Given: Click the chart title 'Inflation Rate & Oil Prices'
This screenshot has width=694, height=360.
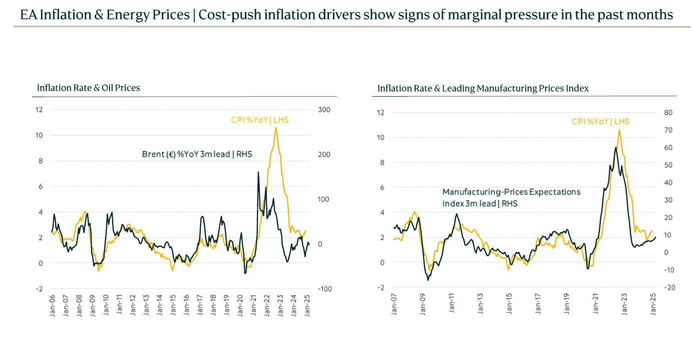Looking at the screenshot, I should point(89,88).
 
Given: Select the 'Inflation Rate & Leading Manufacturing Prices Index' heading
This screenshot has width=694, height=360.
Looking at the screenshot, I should point(483,89).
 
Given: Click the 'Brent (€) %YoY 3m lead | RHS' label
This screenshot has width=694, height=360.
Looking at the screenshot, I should point(197,154).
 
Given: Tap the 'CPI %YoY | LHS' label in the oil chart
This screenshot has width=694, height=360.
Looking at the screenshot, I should point(259,120).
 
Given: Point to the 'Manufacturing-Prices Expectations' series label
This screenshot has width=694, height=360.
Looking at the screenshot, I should point(511,192).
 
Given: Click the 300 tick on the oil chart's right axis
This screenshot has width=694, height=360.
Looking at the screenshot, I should point(324,110).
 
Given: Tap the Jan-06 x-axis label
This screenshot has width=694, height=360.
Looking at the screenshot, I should point(53,304).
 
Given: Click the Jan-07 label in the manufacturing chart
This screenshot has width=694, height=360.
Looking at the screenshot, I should point(395,303).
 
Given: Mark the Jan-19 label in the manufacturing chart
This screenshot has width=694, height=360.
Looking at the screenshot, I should point(567,303).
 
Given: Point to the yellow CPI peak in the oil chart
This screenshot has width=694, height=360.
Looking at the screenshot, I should point(276,128).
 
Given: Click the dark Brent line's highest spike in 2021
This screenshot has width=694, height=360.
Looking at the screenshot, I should point(258,172).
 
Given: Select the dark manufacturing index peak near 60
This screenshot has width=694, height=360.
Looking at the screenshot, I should point(615,147).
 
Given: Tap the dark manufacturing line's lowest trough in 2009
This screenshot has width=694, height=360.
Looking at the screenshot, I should point(428,280).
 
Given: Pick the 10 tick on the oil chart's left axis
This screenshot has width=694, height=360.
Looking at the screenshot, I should point(40,135).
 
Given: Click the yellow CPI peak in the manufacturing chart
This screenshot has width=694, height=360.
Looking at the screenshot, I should point(620,130).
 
